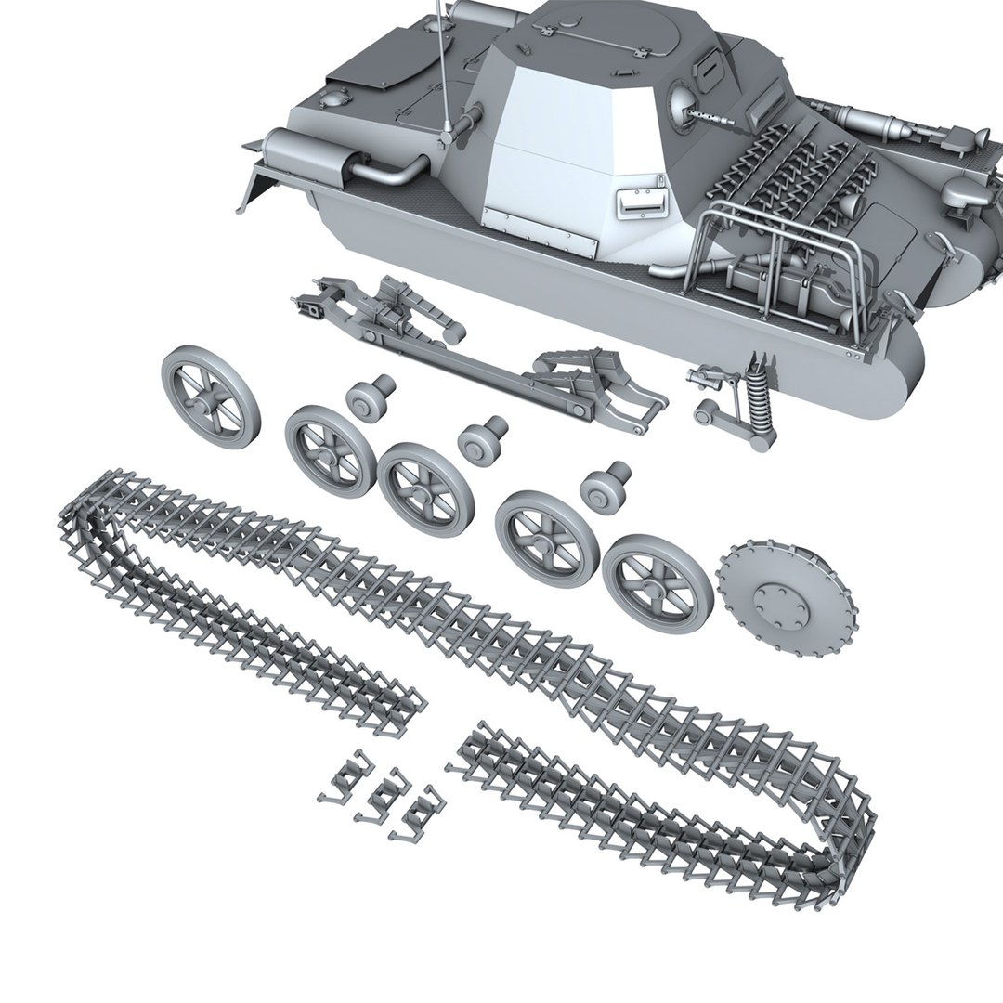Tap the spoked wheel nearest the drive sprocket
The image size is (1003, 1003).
click(658, 583)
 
